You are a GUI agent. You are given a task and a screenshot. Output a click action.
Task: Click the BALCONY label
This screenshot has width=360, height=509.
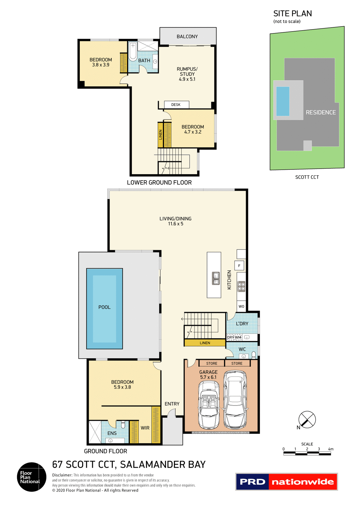click(187, 37)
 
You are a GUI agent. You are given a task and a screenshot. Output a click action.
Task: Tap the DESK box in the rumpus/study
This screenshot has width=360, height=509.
click(176, 105)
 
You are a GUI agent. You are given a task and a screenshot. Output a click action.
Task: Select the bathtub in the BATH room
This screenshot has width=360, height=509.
click(133, 52)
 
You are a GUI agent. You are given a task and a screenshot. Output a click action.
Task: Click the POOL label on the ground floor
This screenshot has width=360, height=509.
click(104, 307)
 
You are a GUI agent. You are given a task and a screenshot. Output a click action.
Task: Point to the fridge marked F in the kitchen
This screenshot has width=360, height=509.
click(239, 266)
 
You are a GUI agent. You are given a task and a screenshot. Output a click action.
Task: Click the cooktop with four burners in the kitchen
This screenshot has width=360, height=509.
click(241, 286)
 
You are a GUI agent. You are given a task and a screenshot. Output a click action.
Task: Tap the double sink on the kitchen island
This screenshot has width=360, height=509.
click(216, 278)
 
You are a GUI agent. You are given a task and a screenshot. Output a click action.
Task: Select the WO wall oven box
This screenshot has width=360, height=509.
click(241, 306)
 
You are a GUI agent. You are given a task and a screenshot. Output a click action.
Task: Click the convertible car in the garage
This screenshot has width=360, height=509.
click(209, 405)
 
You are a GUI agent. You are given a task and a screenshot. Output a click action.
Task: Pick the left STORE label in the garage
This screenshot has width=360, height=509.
click(212, 363)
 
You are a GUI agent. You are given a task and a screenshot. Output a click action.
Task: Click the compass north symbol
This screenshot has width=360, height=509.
click(307, 419)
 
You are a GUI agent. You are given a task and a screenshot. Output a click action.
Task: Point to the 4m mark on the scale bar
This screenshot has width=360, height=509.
click(331, 449)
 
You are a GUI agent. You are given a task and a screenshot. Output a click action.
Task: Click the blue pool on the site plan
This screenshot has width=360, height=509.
click(283, 101)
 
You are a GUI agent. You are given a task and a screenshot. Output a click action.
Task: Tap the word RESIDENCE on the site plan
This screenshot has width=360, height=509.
click(321, 112)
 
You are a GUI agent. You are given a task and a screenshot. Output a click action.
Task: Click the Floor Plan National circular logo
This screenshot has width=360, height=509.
click(32, 477)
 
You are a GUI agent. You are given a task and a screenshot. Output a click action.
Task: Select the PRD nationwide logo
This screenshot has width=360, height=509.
click(286, 482)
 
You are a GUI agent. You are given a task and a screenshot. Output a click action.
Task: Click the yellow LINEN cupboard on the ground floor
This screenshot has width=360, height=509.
click(205, 343)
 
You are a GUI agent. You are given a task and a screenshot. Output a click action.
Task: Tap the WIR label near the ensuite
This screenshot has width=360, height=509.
click(145, 428)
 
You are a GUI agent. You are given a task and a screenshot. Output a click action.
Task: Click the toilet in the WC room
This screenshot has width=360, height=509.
click(254, 354)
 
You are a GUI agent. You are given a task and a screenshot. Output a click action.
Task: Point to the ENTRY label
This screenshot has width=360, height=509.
click(172, 404)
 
